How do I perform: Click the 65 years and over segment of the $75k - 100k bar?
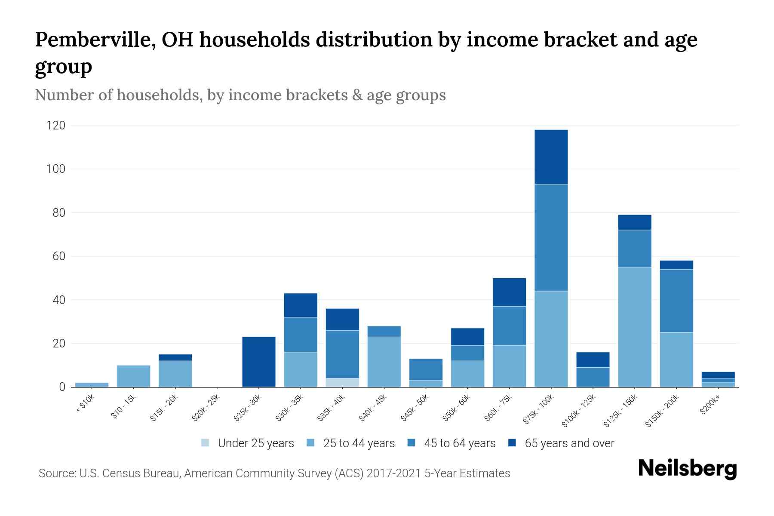click(551, 157)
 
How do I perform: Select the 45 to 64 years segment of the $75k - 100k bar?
click(551, 237)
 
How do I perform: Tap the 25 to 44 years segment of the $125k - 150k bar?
click(634, 327)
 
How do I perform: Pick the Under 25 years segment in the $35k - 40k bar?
click(342, 382)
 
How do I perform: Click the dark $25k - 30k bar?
click(259, 362)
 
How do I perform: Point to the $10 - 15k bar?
click(133, 376)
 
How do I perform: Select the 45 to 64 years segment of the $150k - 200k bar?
click(676, 301)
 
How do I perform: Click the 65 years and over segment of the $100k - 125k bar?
click(593, 359)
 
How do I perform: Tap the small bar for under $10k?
click(92, 384)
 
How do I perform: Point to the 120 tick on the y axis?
click(56, 126)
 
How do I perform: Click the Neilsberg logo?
click(687, 469)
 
